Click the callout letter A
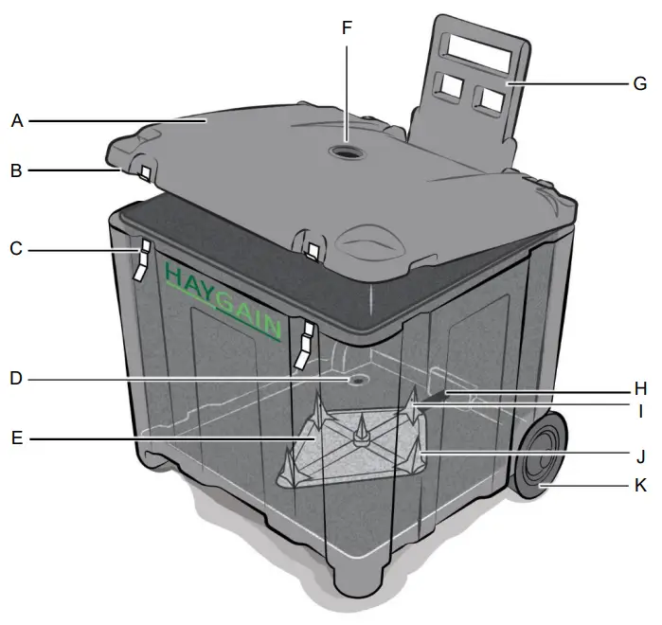click(x=16, y=121)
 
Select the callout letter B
click(x=16, y=171)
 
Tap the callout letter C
click(x=16, y=250)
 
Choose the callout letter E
click(x=16, y=440)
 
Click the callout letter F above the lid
click(x=347, y=27)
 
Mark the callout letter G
click(x=640, y=83)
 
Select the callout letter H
click(x=640, y=387)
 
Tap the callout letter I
click(x=640, y=411)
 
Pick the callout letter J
click(x=640, y=457)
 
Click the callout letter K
click(x=640, y=486)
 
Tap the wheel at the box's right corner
click(x=541, y=456)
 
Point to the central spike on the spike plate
click(x=360, y=430)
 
